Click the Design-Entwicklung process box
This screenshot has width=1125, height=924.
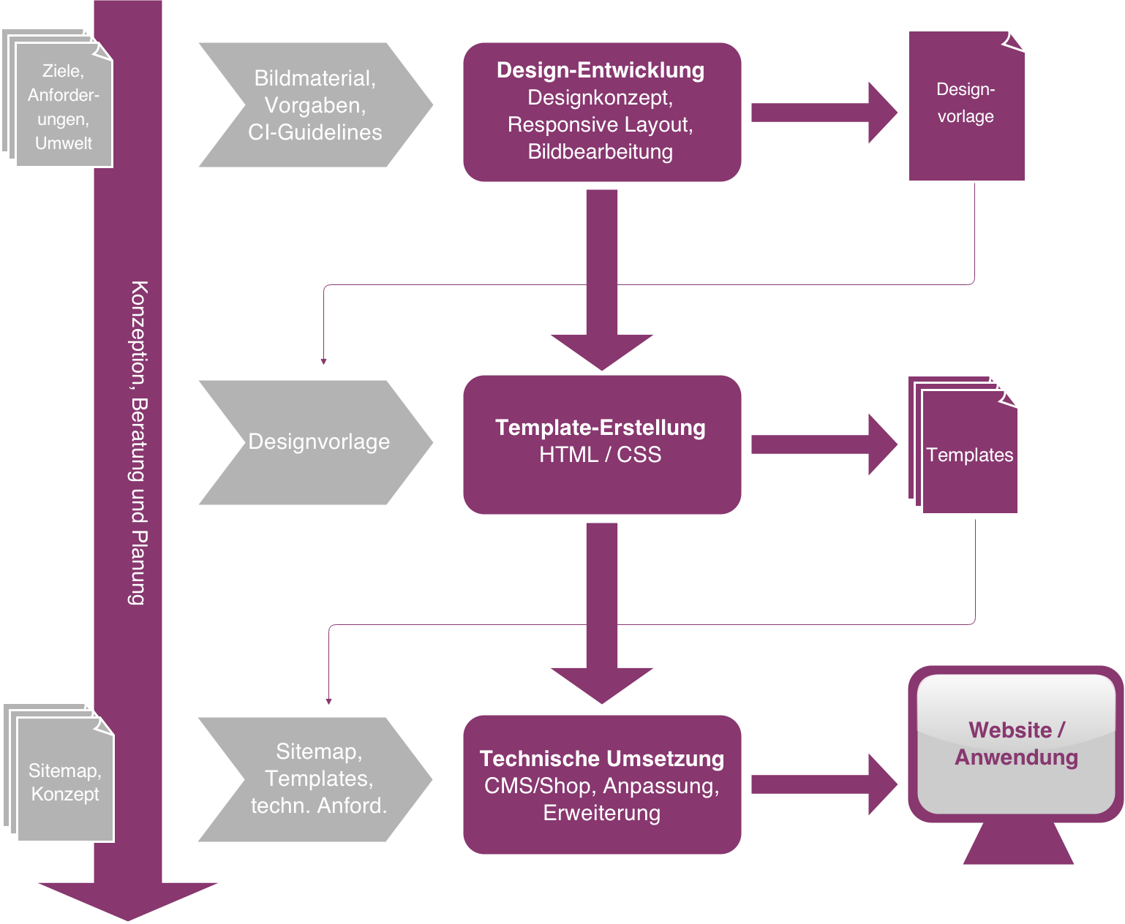coord(602,112)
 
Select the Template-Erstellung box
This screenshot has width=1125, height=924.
coord(602,444)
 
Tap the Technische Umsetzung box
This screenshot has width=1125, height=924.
coord(602,784)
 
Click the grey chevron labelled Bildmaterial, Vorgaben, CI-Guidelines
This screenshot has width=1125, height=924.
coord(315,105)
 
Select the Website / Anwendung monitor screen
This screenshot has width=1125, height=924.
coord(1016,743)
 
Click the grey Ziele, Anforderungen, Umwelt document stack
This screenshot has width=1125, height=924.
coord(63,106)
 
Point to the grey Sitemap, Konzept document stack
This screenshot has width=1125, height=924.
coord(65,781)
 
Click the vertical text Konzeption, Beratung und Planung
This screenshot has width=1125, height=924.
coord(138,442)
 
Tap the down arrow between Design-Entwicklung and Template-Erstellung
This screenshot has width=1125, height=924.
coord(602,285)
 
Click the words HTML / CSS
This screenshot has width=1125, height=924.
coord(600,455)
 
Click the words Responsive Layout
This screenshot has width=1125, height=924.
coord(600,125)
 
